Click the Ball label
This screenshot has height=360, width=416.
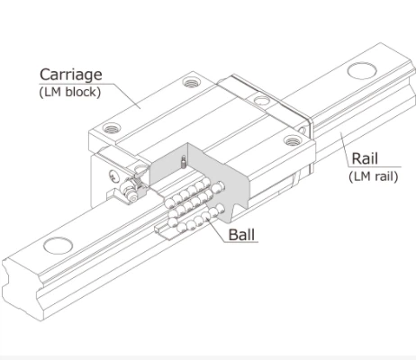[x=240, y=236]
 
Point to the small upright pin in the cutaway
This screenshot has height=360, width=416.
[x=184, y=164]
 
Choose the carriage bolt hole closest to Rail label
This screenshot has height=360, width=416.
[x=290, y=139]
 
